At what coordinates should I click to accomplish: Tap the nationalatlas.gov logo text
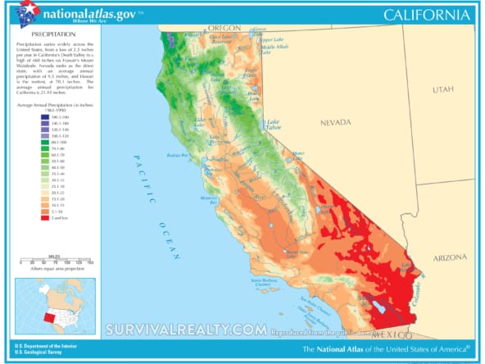pyautogui.click(x=80, y=13)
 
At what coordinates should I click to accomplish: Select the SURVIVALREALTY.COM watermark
pyautogui.click(x=186, y=330)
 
